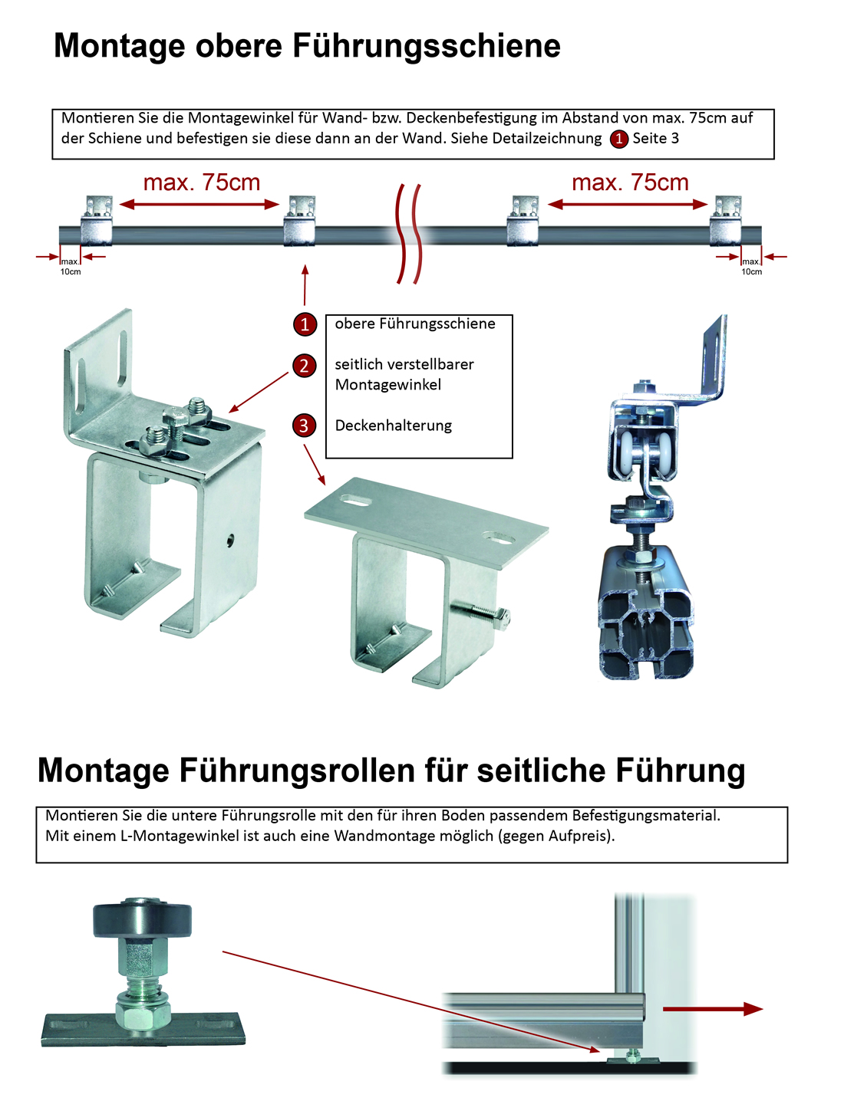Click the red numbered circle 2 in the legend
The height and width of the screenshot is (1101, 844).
(304, 366)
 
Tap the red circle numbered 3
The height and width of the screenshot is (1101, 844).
(304, 426)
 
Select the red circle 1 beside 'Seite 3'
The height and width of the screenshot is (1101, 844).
(618, 139)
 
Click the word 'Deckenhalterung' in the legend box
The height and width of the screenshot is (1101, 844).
(394, 426)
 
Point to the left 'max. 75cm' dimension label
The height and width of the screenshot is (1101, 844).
(202, 182)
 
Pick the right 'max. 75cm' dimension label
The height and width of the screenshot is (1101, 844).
(630, 182)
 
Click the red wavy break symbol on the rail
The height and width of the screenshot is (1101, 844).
(408, 234)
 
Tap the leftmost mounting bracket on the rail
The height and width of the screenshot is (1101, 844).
(97, 220)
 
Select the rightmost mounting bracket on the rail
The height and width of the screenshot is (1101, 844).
(725, 220)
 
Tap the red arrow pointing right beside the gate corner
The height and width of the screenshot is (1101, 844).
(712, 1009)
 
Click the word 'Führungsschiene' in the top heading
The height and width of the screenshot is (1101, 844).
(427, 47)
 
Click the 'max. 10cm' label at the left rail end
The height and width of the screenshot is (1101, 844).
(71, 267)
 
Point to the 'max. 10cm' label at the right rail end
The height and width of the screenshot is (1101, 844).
(751, 267)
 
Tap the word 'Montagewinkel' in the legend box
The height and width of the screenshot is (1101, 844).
(387, 385)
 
